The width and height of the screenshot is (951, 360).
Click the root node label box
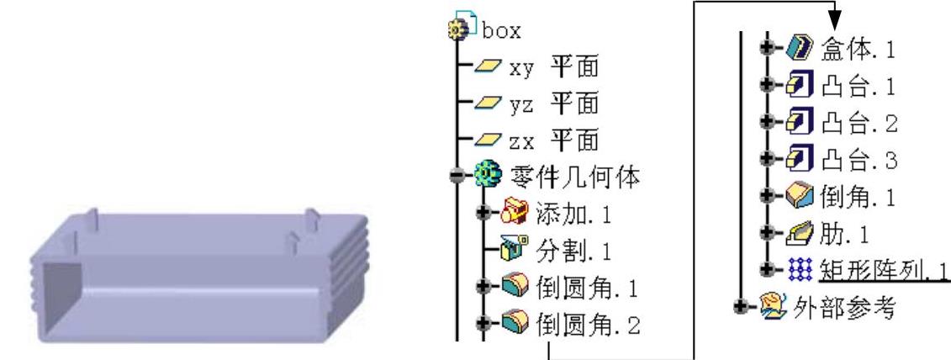click(x=502, y=31)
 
